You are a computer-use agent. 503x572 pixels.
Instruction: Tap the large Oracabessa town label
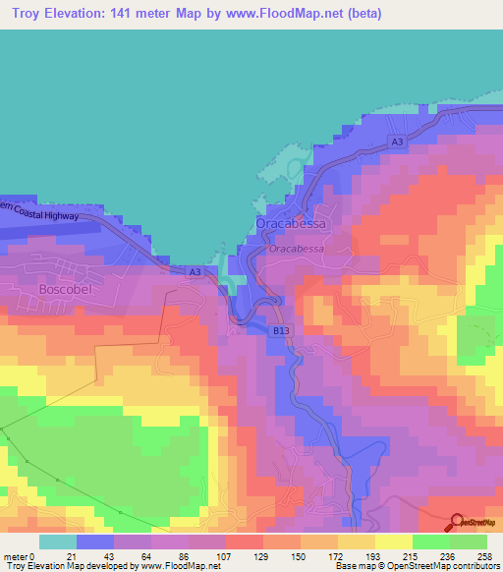pyautogui.click(x=289, y=225)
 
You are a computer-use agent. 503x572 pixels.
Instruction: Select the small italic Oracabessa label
pyautogui.click(x=296, y=249)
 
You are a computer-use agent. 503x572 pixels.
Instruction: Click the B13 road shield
pyautogui.click(x=282, y=331)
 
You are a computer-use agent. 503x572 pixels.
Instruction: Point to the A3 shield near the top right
pyautogui.click(x=397, y=143)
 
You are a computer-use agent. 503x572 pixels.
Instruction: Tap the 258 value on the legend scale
pyautogui.click(x=485, y=557)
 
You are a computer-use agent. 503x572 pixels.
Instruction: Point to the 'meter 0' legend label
pyautogui.click(x=20, y=557)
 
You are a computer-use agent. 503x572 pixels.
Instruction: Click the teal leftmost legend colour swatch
pyautogui.click(x=57, y=542)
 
